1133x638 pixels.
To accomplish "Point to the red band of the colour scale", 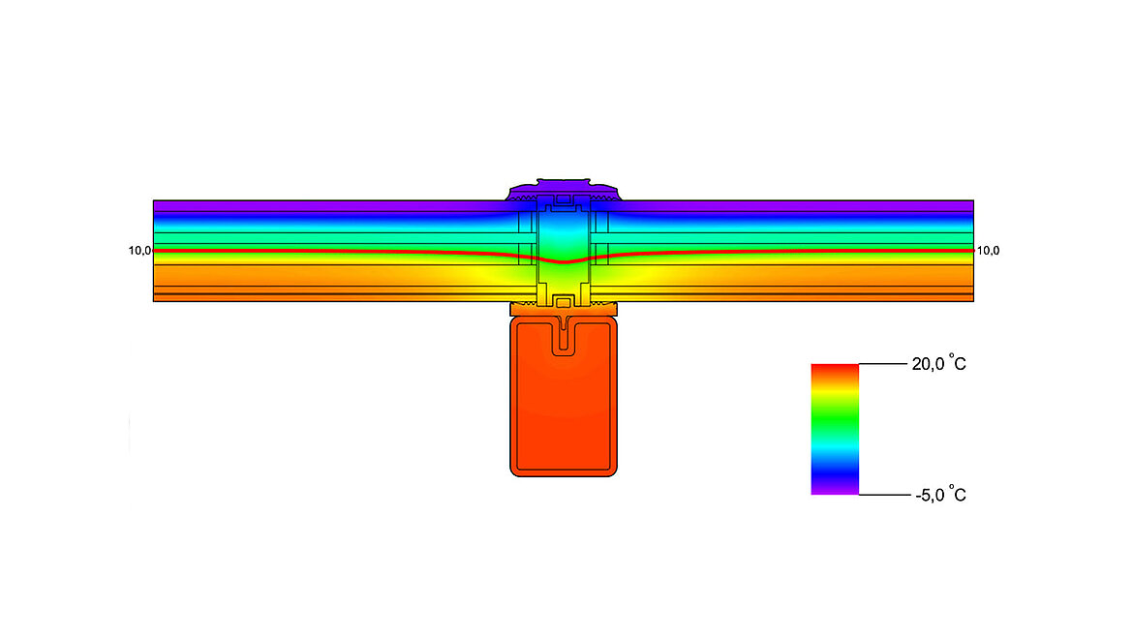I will point(834,370).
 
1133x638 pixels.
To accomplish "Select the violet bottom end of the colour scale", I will point(834,489).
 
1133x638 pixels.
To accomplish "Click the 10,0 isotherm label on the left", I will point(139,251).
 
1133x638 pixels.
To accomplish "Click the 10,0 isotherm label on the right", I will point(989,251).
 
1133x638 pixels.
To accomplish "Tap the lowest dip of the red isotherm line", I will point(563,262).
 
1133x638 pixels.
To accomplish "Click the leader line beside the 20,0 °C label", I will point(883,364).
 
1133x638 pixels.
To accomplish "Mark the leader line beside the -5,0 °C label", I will point(883,495).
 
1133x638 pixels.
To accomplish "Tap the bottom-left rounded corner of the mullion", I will point(515,471).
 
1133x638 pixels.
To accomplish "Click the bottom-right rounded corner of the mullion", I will point(612,471).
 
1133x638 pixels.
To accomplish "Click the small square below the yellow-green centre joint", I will point(563,303).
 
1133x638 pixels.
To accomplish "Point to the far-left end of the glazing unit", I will point(155,251).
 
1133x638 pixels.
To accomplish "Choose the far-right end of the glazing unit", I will point(972,251).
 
